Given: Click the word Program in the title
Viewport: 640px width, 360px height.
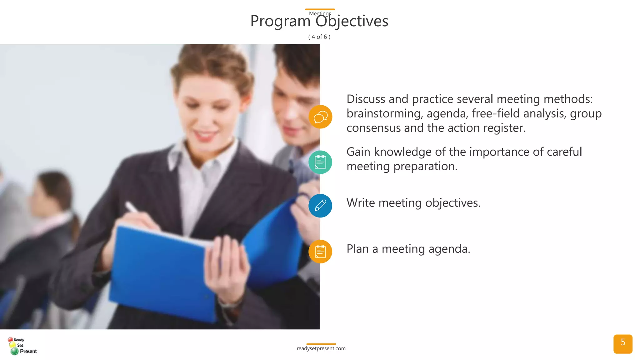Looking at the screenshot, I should pos(280,22).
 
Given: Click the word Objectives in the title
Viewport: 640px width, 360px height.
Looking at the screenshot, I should pos(352,22).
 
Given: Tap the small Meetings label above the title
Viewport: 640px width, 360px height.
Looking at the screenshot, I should pos(320,13).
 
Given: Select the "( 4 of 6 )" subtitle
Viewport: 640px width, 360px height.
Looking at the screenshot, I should pos(319,37).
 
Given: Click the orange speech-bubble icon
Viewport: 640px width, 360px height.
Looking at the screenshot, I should pos(320,117).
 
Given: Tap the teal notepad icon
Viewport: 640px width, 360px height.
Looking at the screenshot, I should pos(320,162).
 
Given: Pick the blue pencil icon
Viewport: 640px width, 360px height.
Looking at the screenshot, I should pos(320,206).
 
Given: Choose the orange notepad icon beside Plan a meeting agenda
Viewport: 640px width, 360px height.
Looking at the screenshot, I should pos(320,252).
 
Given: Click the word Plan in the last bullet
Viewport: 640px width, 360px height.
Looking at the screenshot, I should pos(357,249).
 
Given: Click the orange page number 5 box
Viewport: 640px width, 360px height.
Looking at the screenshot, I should pos(622,344).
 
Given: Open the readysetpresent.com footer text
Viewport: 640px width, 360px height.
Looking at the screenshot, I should pos(321,348).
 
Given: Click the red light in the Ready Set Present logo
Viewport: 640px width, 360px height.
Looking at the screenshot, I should pos(10,339).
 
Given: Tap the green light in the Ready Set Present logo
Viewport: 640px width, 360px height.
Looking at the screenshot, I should pos(14,351).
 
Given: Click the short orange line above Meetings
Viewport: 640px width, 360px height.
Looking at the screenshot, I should pos(320,9).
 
